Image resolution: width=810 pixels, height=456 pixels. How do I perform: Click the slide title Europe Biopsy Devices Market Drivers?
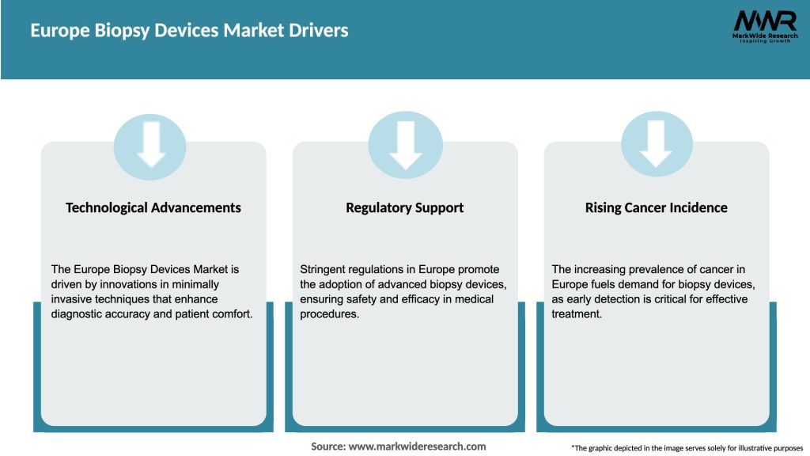coord(189,31)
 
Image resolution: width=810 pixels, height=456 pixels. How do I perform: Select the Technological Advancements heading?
coord(153,207)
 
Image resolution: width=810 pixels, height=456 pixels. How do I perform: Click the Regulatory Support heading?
coord(404,207)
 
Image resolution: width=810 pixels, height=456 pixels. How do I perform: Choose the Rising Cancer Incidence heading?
coord(656,207)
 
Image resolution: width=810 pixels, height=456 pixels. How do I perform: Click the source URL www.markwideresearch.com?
coord(418,446)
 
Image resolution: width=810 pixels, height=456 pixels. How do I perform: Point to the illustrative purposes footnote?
coord(687,448)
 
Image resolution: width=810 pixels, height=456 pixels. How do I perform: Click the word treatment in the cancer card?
coord(576,314)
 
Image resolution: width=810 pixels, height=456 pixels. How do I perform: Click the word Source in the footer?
coord(328,446)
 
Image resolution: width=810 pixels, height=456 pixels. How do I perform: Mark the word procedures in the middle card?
coord(328,314)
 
